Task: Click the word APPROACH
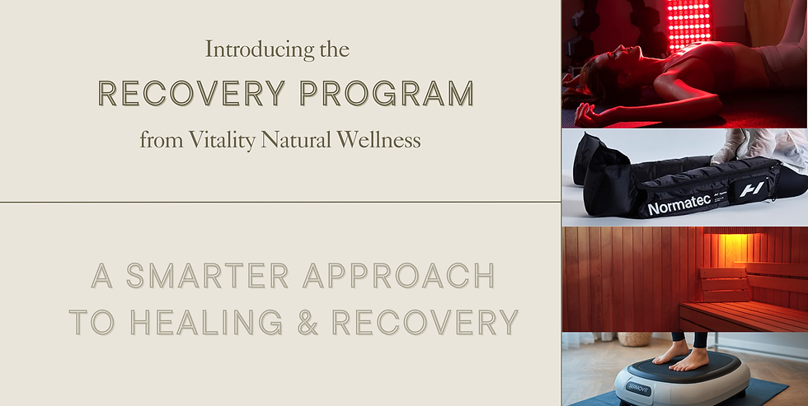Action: (399, 277)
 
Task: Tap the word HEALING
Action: (205, 322)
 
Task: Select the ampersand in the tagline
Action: (308, 322)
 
